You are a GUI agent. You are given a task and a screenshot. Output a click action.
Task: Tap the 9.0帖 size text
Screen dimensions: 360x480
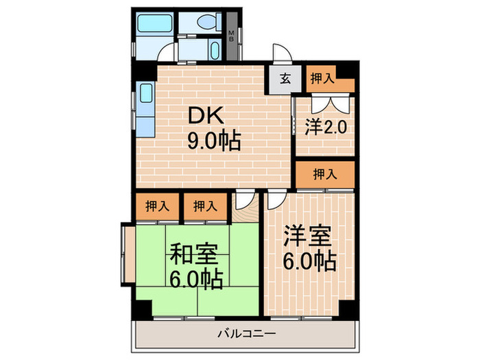(x=213, y=142)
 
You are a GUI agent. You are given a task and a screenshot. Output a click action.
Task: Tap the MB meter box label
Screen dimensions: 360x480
(x=232, y=34)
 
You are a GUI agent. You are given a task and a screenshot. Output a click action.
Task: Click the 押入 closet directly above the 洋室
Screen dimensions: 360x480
(x=325, y=174)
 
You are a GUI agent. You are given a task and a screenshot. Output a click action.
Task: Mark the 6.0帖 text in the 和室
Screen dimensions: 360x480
(x=196, y=280)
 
